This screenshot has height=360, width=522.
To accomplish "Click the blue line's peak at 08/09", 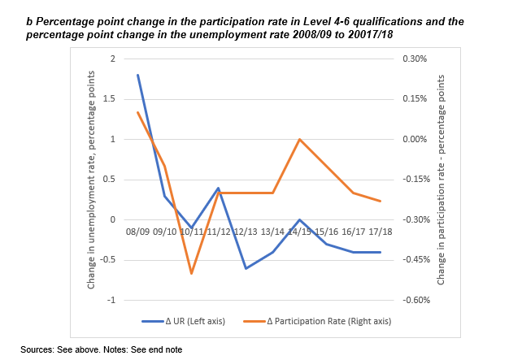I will tap(138, 75).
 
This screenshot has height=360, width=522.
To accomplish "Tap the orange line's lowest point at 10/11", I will tap(191, 273).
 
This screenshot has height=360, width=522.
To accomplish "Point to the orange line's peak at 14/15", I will tap(300, 139).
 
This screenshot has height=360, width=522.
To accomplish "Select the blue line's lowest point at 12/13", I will tap(246, 268).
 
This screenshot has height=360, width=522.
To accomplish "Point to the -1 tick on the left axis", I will tap(112, 300).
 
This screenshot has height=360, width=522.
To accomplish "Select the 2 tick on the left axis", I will tap(114, 59).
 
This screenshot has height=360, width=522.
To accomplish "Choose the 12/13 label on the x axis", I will tap(246, 232).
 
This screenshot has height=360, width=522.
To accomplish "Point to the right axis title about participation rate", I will tap(442, 180).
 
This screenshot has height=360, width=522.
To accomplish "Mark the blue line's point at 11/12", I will tap(219, 188).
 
